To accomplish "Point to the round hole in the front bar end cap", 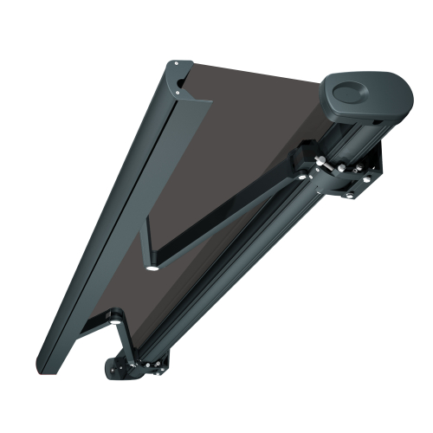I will (181, 82).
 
